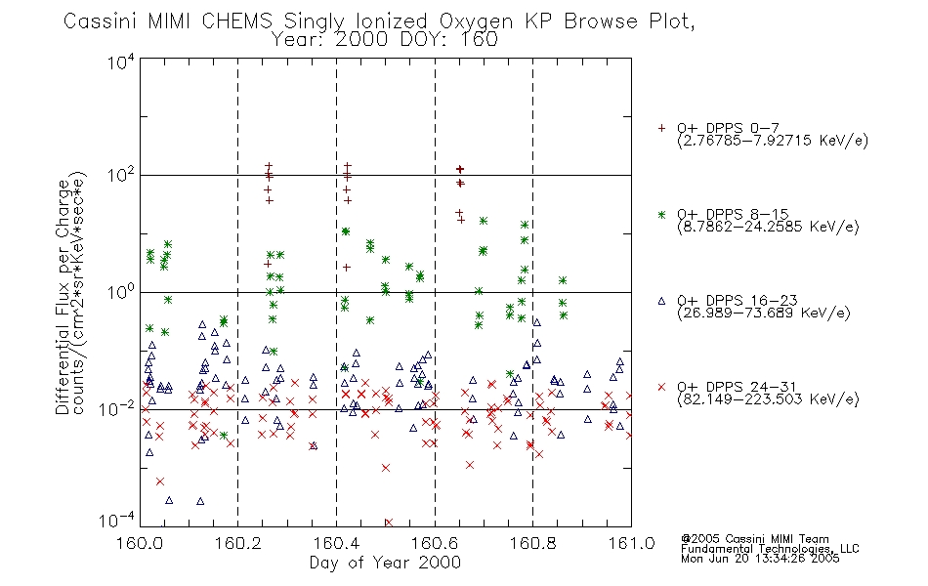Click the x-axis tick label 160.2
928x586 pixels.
tap(238, 543)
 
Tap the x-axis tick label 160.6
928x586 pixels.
tap(435, 543)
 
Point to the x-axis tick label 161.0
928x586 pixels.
tap(631, 543)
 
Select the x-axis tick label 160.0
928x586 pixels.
tap(140, 543)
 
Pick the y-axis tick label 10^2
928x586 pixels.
tap(121, 176)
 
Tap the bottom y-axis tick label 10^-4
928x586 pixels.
tap(120, 521)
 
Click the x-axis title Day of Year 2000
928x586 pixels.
tap(385, 563)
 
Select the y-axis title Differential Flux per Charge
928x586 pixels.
tap(63, 297)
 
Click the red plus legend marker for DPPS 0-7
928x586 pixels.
tap(661, 128)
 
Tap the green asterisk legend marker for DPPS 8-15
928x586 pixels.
tap(661, 214)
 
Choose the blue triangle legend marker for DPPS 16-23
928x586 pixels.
tap(661, 301)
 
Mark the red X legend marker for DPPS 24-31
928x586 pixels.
tap(661, 387)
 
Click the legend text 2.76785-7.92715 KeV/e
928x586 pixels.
tap(773, 141)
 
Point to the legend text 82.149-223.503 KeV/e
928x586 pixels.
tap(768, 399)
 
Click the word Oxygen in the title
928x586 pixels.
tap(476, 21)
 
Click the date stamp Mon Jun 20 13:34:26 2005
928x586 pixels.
tap(760, 559)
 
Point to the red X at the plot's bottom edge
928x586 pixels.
tap(388, 523)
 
